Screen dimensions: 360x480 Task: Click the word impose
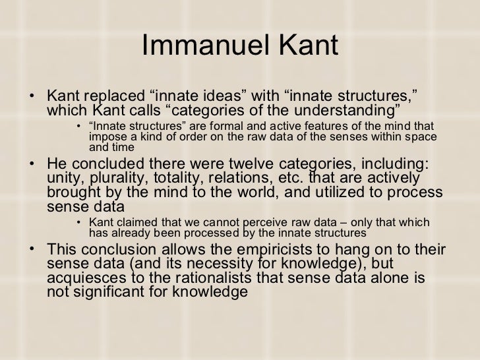click(104, 136)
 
